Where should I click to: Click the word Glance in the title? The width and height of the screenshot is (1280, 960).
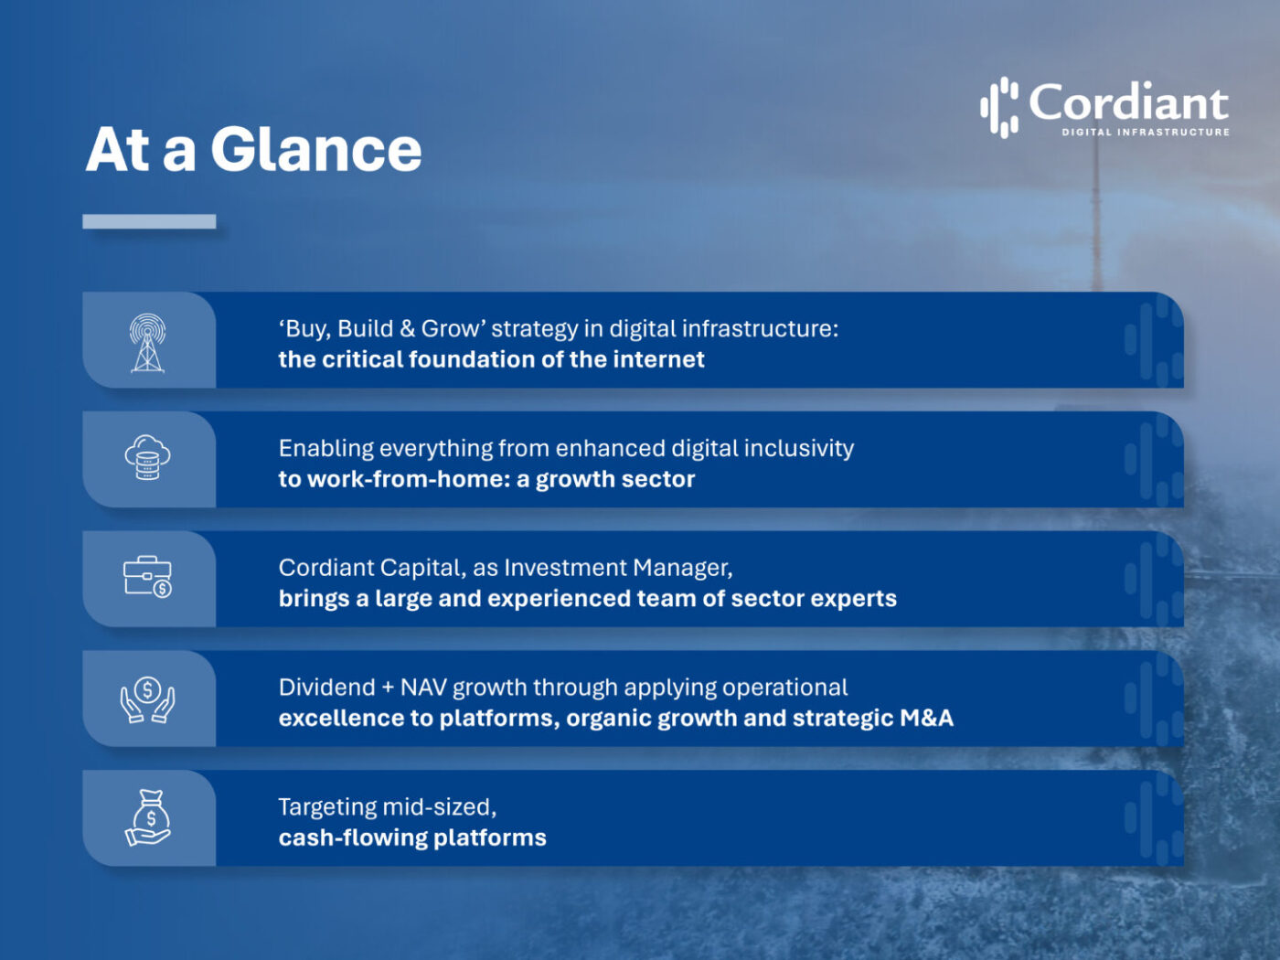click(315, 150)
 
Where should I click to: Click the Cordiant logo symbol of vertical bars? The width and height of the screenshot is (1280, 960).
click(999, 106)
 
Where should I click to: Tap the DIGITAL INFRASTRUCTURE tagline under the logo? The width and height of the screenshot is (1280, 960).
click(1145, 133)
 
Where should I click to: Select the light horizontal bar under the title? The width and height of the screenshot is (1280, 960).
click(149, 221)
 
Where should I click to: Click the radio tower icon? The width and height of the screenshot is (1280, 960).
click(147, 342)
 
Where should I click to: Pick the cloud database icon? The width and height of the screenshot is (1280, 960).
click(147, 458)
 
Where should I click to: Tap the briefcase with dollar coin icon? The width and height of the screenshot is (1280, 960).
click(147, 577)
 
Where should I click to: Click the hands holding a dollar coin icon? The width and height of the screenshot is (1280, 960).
click(147, 699)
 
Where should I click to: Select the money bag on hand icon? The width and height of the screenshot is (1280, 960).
click(148, 817)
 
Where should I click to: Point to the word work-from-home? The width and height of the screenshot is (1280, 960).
click(408, 479)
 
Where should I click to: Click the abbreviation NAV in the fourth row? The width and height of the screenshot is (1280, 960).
click(423, 688)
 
